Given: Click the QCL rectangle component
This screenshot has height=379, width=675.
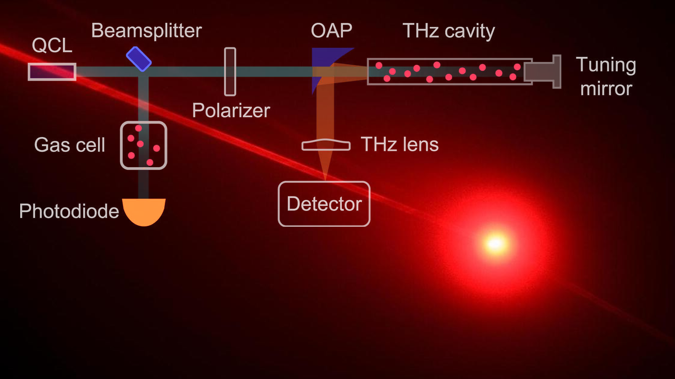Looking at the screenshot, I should point(52,72).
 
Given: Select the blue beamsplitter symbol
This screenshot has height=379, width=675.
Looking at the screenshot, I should point(139,59).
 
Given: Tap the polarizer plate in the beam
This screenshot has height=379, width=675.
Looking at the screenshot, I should point(230,72).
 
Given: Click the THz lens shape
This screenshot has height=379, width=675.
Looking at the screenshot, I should point(326,145).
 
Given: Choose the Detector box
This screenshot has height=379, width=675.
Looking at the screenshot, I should point(324,204).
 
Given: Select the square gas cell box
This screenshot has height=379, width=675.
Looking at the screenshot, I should point(144,145).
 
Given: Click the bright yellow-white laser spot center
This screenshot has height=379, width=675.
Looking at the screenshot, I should point(495,243).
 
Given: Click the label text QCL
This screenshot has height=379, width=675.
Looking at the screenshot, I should point(52,46).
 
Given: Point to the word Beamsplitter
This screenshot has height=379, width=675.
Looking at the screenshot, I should point(146,31).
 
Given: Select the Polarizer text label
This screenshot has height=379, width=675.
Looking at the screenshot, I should point(231,111).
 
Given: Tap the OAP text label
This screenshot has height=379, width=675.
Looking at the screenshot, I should point(331,31).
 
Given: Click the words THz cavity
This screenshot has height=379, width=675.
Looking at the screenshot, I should point(448,31).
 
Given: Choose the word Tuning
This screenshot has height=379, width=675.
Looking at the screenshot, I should point(606,65).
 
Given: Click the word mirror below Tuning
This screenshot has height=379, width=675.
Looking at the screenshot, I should point(606,89).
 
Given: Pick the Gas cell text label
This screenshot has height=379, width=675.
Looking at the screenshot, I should point(69,145).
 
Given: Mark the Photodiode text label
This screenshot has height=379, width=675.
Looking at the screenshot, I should point(69,211).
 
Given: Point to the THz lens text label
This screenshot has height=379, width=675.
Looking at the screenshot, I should point(399,144).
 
